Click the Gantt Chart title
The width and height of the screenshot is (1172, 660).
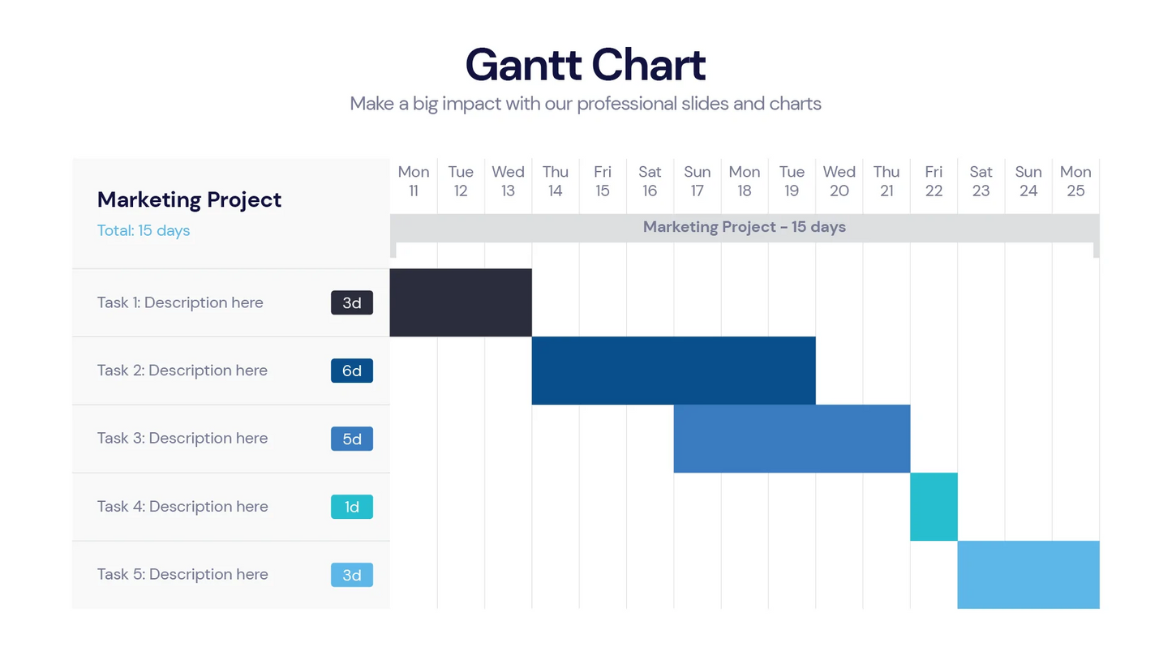586,65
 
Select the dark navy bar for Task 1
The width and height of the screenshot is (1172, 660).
461,302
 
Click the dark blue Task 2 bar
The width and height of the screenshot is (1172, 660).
673,371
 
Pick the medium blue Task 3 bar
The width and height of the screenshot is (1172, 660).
792,439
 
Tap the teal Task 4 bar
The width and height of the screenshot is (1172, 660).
934,507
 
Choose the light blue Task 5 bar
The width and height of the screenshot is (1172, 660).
1028,575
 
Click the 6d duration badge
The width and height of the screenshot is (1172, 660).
352,371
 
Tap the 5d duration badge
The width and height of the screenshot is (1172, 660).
352,439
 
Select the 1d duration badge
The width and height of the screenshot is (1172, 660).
352,507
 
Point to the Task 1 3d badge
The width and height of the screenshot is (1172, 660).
352,302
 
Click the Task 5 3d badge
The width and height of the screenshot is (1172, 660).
352,575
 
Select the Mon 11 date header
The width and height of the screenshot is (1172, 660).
414,181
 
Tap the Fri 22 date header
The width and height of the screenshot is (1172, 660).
934,181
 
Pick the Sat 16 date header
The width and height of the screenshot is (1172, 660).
650,181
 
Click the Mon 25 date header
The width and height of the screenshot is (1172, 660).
1075,181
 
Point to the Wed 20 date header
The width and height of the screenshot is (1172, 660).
839,181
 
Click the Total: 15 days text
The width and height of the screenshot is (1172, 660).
144,230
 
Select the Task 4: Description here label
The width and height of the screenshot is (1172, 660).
182,507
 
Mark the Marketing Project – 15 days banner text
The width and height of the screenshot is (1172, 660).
745,227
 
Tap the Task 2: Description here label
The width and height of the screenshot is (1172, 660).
182,371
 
